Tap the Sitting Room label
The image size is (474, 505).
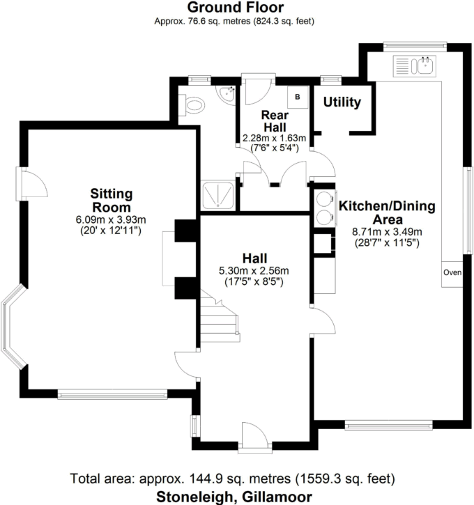tap(112, 201)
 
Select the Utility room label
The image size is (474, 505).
tap(342, 102)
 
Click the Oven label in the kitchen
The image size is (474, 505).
tap(452, 272)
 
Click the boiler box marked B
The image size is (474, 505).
tap(298, 97)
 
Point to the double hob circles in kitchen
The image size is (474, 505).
tap(323, 207)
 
